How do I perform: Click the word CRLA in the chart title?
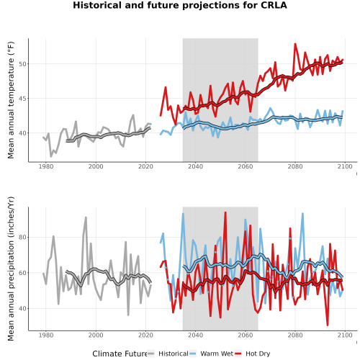(274, 5)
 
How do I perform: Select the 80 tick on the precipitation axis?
(23, 237)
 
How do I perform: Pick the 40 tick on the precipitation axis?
(23, 308)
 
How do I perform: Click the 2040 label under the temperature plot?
(195, 166)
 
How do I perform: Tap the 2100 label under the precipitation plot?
(345, 335)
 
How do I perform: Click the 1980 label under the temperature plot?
(46, 166)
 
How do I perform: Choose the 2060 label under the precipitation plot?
(246, 335)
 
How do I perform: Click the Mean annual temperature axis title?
(11, 100)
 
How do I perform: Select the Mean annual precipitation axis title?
(11, 269)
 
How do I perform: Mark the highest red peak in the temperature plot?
(295, 44)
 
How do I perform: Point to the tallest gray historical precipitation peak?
(86, 217)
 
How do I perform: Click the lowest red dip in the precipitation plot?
(328, 325)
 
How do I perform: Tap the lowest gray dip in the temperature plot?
(51, 156)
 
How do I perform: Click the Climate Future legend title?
(120, 354)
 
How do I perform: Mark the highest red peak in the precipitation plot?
(225, 212)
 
